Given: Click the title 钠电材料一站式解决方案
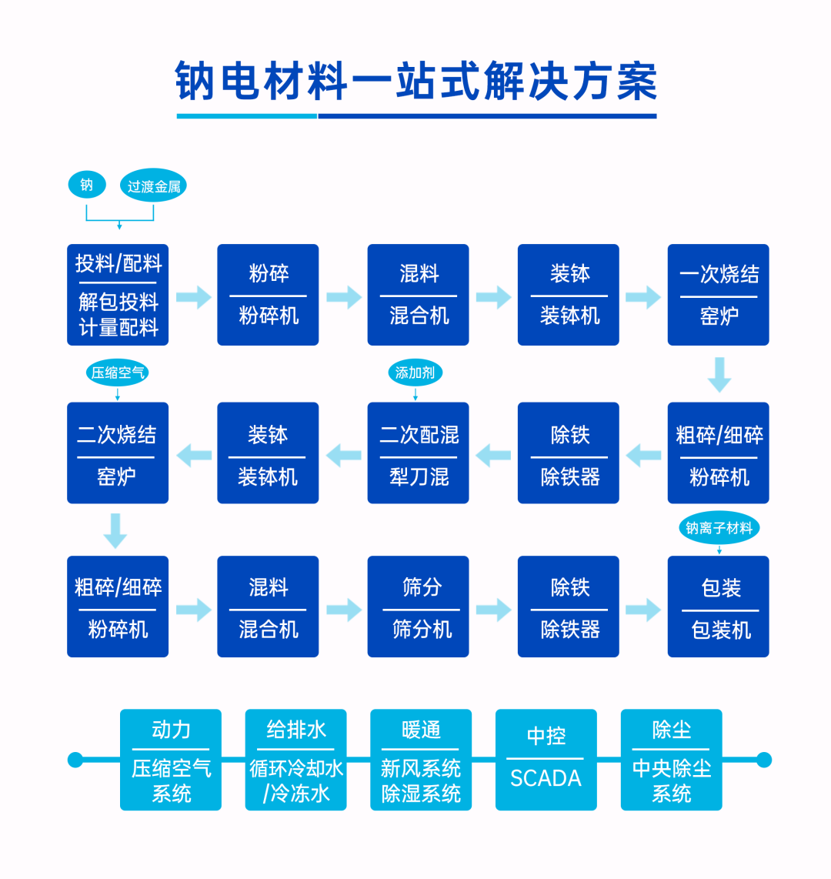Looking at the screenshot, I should [416, 82].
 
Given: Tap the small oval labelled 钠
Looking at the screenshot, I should [87, 185].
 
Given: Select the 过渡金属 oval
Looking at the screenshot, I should [153, 186].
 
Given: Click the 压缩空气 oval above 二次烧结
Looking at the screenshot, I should [117, 373].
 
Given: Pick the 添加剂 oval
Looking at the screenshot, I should [415, 373].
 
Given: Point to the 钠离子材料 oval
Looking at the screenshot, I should [719, 528].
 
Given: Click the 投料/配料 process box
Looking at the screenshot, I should [118, 295].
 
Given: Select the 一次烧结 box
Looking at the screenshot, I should [718, 295].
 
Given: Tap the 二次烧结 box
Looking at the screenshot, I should [118, 453].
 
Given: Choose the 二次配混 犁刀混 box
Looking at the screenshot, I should [418, 453].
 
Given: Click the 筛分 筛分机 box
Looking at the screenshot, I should [418, 607].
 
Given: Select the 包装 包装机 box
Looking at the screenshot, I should [718, 607].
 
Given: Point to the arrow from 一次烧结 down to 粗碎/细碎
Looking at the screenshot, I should [719, 374].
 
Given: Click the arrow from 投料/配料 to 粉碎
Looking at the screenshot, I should [193, 297].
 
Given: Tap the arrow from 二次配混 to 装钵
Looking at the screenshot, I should [343, 455].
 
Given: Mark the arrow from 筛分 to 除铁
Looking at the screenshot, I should [493, 610].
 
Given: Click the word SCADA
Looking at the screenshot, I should [546, 778].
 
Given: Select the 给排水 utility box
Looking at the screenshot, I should [295, 760].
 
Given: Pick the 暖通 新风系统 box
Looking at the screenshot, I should [421, 760].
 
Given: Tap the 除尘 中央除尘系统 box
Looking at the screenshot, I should [671, 760].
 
